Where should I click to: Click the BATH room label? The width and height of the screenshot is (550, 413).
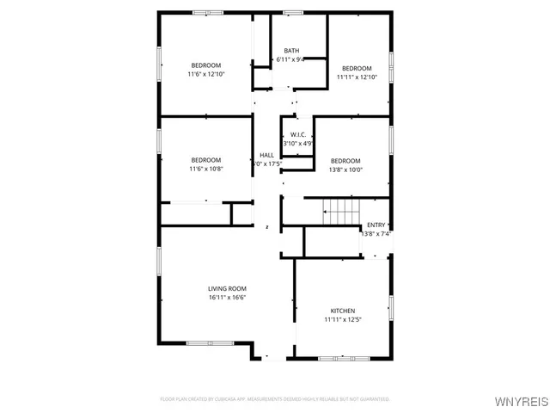(x=292, y=51)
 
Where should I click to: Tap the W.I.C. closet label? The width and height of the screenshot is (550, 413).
(x=298, y=135)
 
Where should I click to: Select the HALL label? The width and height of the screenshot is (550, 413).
(x=266, y=155)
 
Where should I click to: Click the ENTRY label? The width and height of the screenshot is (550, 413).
(x=376, y=225)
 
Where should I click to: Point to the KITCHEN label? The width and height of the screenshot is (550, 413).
(x=343, y=311)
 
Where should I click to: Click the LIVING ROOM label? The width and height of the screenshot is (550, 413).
(x=227, y=288)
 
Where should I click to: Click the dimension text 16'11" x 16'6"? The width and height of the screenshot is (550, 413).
(x=227, y=298)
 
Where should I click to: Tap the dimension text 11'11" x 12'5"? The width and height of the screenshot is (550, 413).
(x=343, y=320)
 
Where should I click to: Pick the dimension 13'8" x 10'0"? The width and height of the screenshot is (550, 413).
(x=345, y=170)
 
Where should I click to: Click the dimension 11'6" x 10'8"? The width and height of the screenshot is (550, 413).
(x=205, y=169)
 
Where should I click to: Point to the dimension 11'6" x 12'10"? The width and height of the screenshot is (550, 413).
(x=205, y=75)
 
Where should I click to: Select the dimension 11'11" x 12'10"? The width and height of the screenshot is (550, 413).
(x=357, y=77)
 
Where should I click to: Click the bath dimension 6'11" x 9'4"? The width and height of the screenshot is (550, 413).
(x=290, y=59)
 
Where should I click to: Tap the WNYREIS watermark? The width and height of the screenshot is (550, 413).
(x=519, y=403)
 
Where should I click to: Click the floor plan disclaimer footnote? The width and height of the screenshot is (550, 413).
(x=275, y=399)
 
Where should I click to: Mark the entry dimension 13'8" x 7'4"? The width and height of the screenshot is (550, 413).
(x=376, y=234)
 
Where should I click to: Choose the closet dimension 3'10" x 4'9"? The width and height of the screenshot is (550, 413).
(x=298, y=144)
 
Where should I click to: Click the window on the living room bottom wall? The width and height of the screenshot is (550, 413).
(x=211, y=343)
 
